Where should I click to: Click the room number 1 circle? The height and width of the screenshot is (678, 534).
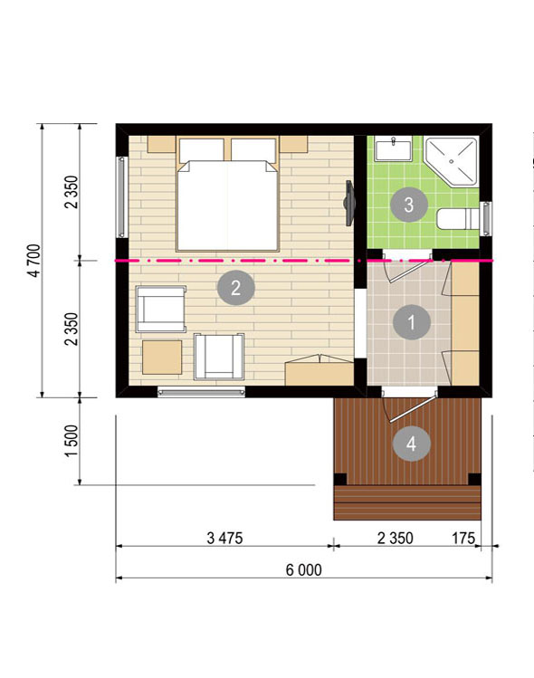pos(411,322)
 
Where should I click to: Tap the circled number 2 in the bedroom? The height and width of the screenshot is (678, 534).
pos(235,287)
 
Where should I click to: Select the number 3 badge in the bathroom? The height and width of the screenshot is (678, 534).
pos(408,204)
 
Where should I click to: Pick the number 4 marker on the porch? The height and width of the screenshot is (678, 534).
pos(411,444)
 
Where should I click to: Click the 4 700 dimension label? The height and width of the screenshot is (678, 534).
pos(34,261)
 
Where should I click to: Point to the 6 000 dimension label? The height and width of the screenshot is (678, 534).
pos(303,570)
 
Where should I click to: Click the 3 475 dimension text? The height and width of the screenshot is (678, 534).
pos(224,539)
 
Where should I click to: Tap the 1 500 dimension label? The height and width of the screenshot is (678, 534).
pos(72,441)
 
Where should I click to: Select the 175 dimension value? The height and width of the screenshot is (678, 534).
pos(463,539)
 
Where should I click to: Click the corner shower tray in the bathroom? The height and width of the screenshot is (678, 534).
pos(452,161)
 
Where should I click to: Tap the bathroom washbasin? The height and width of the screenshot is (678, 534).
pos(393,149)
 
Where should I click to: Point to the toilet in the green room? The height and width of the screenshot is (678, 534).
pos(458,219)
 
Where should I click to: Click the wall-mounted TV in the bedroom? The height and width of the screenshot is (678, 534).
pos(348,203)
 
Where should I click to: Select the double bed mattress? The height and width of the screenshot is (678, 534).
pos(227,205)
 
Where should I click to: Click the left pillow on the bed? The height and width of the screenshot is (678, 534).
pos(201,149)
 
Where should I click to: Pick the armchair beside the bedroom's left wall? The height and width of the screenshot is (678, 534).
pos(161,309)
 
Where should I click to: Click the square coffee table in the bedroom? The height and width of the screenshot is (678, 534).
pos(162,358)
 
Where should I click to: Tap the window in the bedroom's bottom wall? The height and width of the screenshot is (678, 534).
pos(201,392)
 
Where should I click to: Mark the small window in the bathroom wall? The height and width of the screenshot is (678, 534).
pos(486,219)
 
